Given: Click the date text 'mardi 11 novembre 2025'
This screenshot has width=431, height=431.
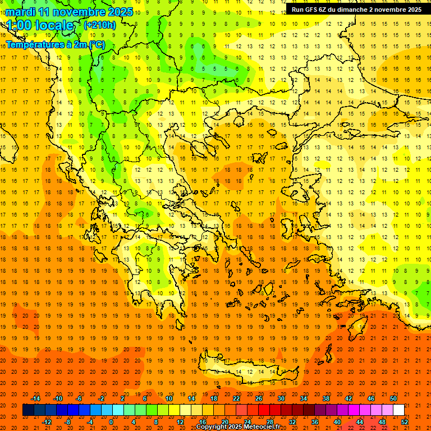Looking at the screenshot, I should tap(70, 12).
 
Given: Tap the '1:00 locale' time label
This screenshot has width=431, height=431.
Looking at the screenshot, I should tap(40, 25).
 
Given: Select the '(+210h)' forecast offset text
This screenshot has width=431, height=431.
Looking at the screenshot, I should tap(99, 25).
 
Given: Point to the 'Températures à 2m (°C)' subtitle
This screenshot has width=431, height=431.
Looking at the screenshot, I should tap(56, 44).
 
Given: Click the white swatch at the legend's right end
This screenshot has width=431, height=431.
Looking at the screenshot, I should tap(398, 410).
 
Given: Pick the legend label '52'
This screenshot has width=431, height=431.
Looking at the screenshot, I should tap(405, 422).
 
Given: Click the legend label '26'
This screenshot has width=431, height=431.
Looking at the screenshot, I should tap(259, 398).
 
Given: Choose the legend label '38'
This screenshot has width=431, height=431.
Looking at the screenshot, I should tap(326, 398).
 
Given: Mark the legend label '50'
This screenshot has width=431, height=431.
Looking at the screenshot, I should tap(393, 398).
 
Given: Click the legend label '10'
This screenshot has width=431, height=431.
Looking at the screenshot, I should tap(169, 398).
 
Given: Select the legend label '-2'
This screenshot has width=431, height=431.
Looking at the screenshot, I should tap(102, 398).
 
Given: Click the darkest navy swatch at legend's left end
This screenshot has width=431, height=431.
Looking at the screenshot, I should tap(28, 410).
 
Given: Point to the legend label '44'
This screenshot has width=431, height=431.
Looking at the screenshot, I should tap(360, 422).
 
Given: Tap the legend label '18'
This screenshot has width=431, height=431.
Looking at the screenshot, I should tap(214, 398).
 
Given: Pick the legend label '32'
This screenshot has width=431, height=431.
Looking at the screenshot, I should tap(292, 422).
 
